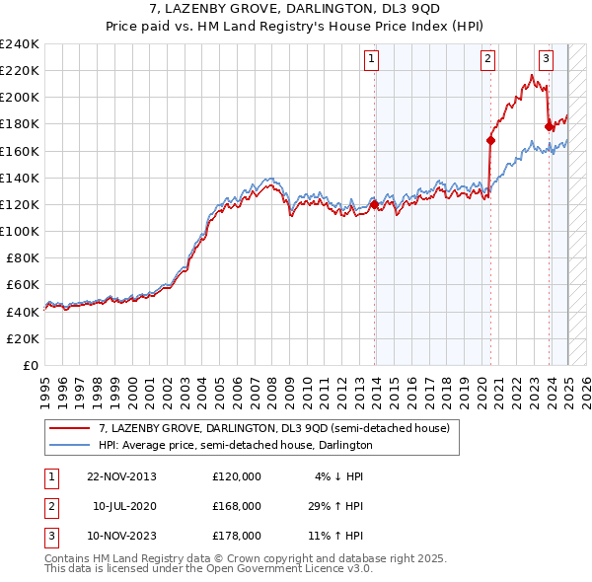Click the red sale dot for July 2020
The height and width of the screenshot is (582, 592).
click(x=490, y=140)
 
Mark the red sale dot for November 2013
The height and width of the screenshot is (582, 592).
click(x=375, y=204)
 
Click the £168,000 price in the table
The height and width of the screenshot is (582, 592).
click(x=237, y=506)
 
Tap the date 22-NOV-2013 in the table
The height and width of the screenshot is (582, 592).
click(x=122, y=476)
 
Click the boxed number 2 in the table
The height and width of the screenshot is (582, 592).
click(x=50, y=506)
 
